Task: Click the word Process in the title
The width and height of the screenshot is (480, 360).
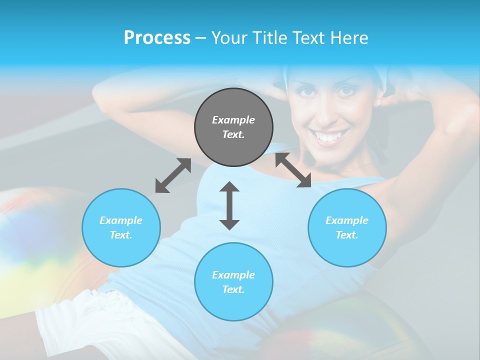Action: click(x=157, y=38)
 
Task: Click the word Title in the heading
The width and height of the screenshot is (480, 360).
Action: click(x=268, y=38)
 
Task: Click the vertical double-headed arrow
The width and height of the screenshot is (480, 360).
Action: click(x=229, y=205)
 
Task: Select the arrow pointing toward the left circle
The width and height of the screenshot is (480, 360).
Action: click(x=173, y=175)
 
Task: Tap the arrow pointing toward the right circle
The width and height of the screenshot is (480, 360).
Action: click(x=293, y=170)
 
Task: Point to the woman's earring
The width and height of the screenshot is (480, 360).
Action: click(x=378, y=103)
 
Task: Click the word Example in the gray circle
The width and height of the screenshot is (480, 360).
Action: click(x=233, y=120)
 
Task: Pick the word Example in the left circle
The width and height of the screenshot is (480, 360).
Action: click(x=121, y=220)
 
